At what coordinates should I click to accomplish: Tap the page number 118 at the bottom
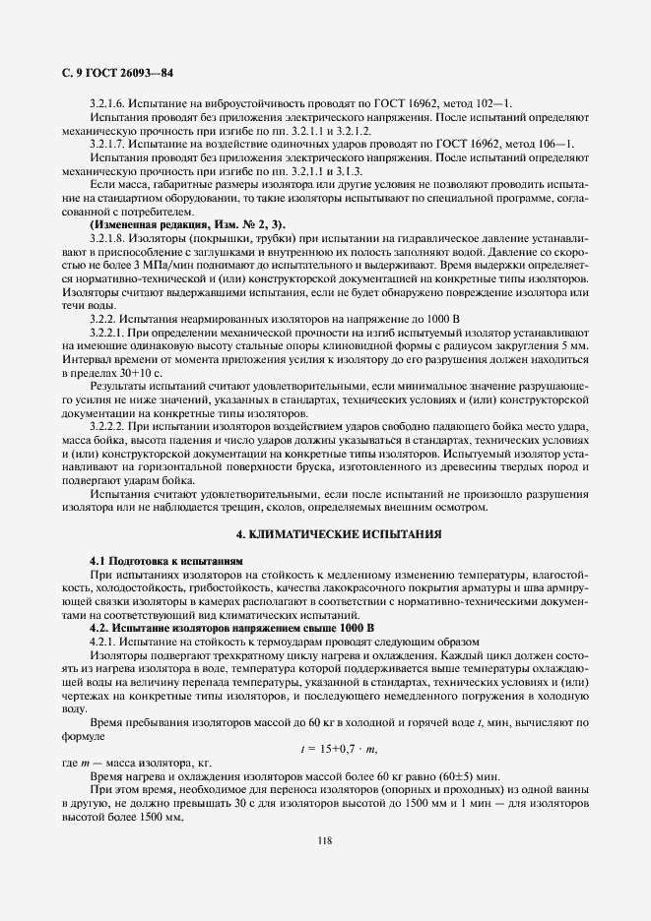pos(324,839)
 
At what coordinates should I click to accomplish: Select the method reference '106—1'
pos(555,144)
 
